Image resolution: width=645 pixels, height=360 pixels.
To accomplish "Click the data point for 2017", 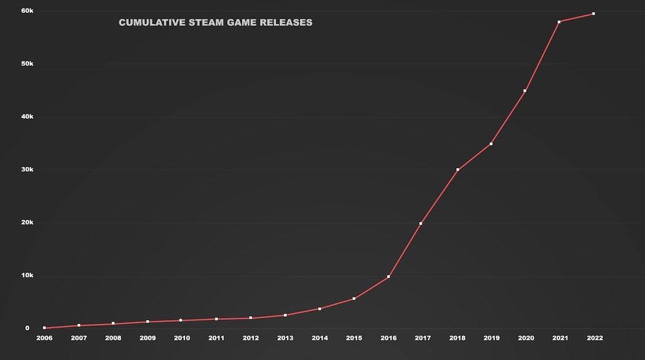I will coord(421,223).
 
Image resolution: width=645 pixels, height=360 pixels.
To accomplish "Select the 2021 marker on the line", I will coord(559,22).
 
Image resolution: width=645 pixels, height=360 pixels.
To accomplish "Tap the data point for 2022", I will coord(593,14).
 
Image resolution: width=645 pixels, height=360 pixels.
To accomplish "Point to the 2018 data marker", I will coord(457,170).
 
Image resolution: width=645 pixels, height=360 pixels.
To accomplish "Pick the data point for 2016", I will coord(388,277).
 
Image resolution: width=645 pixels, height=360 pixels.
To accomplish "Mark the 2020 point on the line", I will coord(525,91).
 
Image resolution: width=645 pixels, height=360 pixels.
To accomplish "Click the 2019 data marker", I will coord(491,143).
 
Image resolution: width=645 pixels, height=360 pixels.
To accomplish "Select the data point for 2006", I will coord(44,328).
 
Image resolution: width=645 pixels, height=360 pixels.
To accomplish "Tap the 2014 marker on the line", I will coord(319,308).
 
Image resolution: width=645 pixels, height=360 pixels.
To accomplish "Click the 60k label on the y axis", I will coord(27,11).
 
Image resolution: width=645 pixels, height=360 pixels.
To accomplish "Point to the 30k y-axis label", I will coord(27,170).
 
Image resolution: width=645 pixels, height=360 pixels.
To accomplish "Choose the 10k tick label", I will coord(27,275).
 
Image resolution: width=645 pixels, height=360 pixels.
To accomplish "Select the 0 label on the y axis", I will coord(28,328).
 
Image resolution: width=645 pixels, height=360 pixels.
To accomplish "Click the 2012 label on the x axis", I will coord(251,338).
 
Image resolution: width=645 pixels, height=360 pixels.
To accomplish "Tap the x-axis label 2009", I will coord(147,338).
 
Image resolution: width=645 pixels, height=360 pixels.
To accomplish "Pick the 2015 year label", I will coord(354,338).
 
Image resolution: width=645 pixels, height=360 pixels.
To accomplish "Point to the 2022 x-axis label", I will coord(595,338).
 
